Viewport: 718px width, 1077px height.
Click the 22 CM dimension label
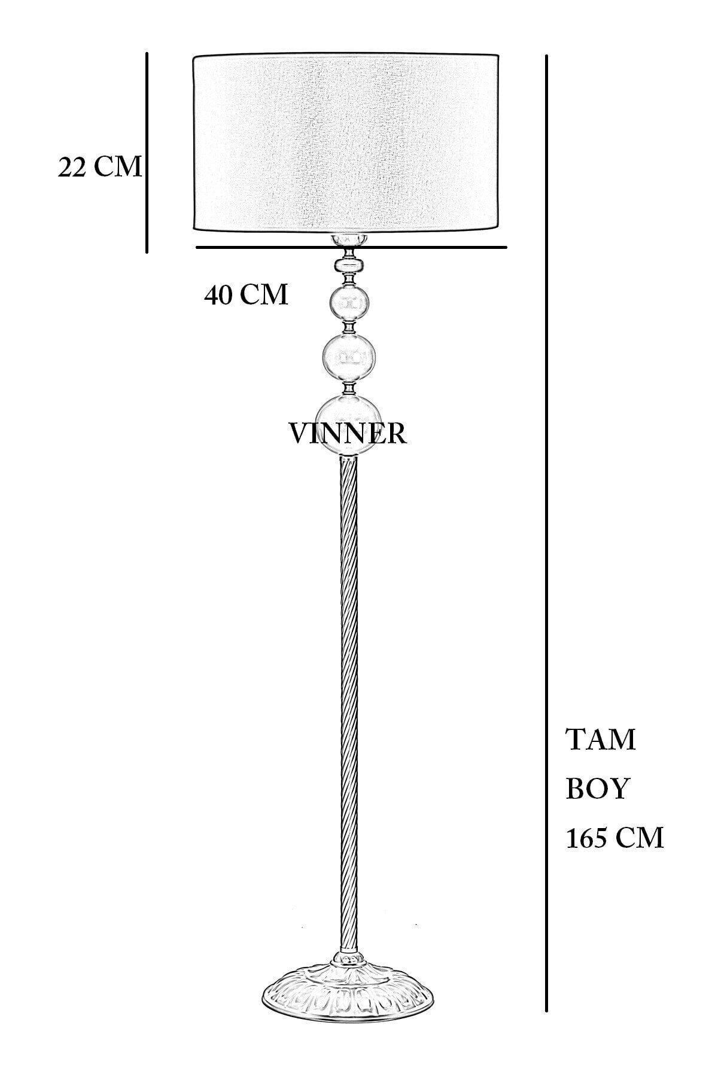(100, 167)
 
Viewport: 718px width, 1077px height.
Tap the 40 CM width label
(246, 294)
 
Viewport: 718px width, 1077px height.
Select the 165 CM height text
(614, 838)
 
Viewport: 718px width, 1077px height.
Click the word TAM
(601, 740)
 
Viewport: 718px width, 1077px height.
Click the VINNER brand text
(348, 433)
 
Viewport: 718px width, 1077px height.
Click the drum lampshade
(345, 142)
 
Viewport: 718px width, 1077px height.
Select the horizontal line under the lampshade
(419, 247)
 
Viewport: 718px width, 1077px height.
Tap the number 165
(589, 838)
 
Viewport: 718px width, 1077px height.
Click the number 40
(219, 294)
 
